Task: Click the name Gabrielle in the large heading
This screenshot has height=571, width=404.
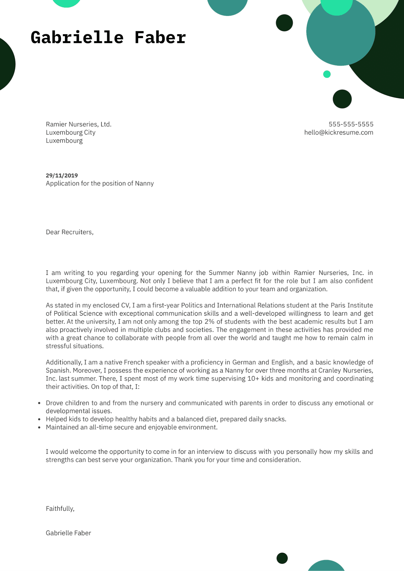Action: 77,37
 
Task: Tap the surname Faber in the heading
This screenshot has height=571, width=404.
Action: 160,37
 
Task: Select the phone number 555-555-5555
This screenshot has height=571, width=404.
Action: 351,124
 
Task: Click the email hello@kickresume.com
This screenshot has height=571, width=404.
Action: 338,132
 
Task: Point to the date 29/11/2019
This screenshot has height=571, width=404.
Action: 62,175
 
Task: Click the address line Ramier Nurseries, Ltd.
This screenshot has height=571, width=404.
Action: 78,124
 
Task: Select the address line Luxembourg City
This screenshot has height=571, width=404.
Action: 71,132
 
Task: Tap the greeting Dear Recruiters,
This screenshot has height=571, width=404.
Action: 69,232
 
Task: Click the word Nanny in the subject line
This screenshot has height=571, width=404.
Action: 144,183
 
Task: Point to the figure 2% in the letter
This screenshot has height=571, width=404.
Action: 209,321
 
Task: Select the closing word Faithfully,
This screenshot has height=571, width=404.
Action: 60,509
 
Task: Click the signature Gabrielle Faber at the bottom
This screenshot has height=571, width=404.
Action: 68,533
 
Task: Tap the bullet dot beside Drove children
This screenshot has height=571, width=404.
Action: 39,403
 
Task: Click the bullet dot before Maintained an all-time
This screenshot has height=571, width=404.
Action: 39,427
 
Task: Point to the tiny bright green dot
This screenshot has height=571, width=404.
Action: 327,74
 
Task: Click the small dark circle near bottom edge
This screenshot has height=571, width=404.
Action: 282,558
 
